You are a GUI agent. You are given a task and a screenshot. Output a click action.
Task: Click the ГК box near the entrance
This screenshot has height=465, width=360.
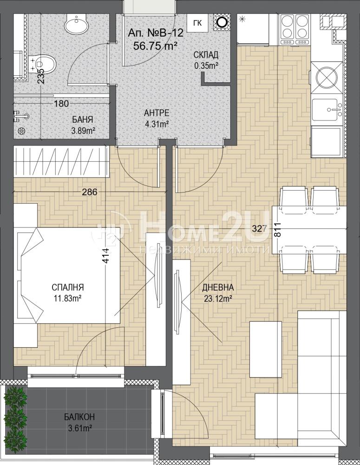197,22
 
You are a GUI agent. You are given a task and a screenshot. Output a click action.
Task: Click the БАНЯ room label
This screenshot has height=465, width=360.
83,120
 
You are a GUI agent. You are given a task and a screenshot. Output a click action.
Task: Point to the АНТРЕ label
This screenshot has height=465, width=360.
157,113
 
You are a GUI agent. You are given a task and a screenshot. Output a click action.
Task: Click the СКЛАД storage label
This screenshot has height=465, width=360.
206,55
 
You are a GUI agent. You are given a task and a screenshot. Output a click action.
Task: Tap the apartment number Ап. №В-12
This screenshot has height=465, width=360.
156,33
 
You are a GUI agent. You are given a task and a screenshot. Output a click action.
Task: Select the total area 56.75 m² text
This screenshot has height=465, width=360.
155,46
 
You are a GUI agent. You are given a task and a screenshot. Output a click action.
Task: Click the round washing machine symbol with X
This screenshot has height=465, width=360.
327,78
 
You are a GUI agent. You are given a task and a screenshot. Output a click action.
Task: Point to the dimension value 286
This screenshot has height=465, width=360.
89,192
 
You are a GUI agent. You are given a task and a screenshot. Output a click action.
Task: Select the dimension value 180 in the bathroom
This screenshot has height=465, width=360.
61,104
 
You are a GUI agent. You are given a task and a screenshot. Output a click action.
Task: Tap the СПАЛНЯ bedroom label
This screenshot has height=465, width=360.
67,287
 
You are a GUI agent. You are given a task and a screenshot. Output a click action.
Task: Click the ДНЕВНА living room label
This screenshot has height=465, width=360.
218,287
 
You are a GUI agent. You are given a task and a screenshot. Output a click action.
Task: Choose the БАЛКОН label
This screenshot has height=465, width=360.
79,417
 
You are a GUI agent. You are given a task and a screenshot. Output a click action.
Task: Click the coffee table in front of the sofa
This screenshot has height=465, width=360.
265,349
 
